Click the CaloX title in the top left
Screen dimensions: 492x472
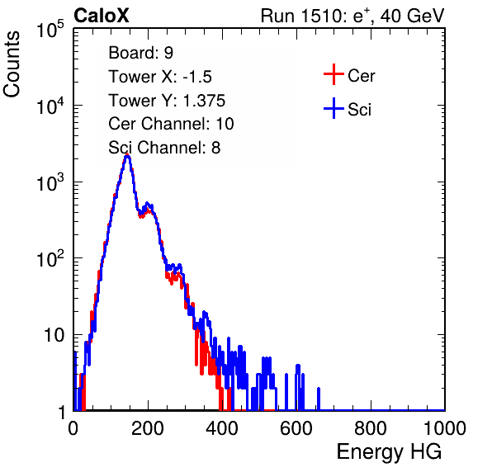102,16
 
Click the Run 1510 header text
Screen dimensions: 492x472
352,16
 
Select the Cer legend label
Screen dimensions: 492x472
361,76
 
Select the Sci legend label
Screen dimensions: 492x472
360,110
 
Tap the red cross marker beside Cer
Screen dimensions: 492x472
334,74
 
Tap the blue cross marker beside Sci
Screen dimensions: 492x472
334,108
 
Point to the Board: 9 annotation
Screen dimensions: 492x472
141,52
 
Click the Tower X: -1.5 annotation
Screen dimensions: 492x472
160,77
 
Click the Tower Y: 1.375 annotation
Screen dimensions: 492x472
167,101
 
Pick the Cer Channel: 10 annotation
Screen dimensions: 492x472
171,124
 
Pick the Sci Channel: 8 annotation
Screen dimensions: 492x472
164,148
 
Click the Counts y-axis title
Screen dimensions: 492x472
12,64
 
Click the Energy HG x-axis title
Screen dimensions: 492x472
389,451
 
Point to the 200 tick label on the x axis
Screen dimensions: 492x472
148,428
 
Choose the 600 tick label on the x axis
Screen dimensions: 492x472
296,428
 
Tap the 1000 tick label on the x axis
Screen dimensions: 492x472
445,428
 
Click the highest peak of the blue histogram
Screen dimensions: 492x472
127,156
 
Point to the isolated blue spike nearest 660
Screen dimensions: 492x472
319,399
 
